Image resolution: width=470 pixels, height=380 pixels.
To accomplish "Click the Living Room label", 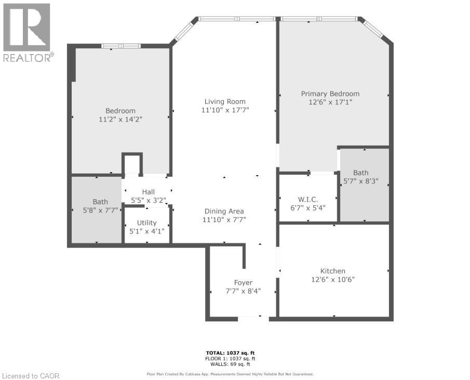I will click(x=224, y=101).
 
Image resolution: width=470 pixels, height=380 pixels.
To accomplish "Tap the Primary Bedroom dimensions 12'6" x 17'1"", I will click(x=330, y=102).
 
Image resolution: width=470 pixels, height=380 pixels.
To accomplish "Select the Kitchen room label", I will click(x=333, y=271).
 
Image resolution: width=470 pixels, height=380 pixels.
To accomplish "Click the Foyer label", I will click(x=243, y=283).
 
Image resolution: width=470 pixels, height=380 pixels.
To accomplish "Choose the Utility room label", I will click(x=146, y=222).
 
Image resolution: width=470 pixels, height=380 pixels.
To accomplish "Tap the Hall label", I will click(x=149, y=192).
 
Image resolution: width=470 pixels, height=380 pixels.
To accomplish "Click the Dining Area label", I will click(x=224, y=211).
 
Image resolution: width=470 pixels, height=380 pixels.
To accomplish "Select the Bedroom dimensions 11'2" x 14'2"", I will click(x=120, y=119).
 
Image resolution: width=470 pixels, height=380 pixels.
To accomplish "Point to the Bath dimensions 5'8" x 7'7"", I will click(x=100, y=210).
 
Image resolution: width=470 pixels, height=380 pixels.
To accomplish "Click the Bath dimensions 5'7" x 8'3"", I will click(x=361, y=181).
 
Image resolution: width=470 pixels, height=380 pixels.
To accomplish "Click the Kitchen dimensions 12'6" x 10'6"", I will click(x=333, y=279).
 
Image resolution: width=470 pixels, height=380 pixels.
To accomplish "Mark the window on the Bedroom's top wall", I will click(x=121, y=46).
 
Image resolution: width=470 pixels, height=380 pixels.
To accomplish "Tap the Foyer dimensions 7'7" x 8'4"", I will click(x=243, y=291).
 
